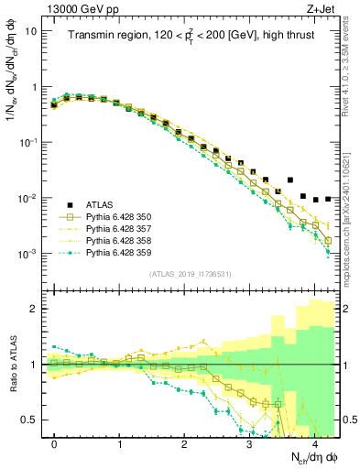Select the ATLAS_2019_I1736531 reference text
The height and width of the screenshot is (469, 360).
[x=191, y=274]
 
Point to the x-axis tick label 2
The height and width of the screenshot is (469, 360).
[x=184, y=442]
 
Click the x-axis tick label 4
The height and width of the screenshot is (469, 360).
[x=314, y=442]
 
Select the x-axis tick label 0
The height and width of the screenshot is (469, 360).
[x=54, y=442]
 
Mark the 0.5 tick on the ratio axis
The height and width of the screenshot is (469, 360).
[x=31, y=420]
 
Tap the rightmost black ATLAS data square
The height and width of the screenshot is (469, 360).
[x=328, y=198]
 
